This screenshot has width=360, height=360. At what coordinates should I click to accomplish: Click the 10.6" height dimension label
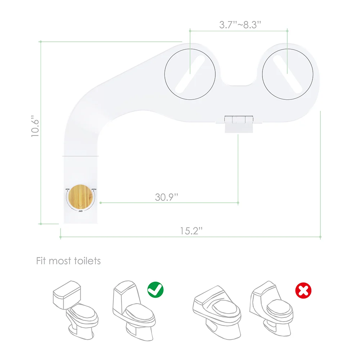(35, 126)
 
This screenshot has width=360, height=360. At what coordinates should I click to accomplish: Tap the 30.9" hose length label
(167, 197)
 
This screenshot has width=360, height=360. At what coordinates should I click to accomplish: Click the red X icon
(303, 290)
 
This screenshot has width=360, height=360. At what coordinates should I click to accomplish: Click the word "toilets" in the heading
(85, 261)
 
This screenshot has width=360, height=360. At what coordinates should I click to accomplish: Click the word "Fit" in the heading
(41, 261)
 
